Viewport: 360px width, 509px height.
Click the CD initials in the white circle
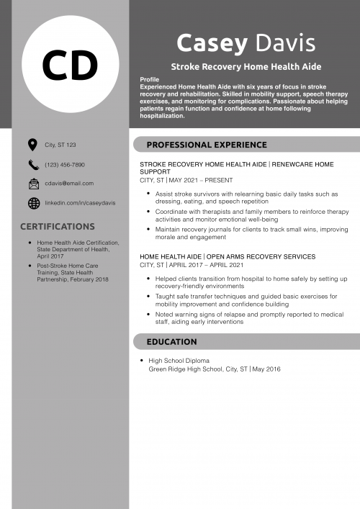tap(70, 66)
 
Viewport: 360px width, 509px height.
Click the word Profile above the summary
tap(150, 79)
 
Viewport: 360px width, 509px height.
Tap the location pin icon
tap(33, 145)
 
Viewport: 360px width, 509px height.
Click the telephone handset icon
tap(33, 164)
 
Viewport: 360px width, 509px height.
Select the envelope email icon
tap(33, 184)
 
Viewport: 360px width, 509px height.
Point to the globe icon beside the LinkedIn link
tap(33, 203)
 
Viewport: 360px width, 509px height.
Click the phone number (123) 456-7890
tap(65, 165)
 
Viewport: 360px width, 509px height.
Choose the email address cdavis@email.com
tap(69, 184)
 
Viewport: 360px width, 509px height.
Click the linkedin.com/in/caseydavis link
tap(79, 204)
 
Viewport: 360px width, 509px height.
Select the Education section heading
tap(171, 341)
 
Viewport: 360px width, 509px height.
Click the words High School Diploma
tap(179, 361)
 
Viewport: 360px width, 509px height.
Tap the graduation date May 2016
tap(267, 369)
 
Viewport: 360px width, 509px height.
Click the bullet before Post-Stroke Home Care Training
tap(30, 266)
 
